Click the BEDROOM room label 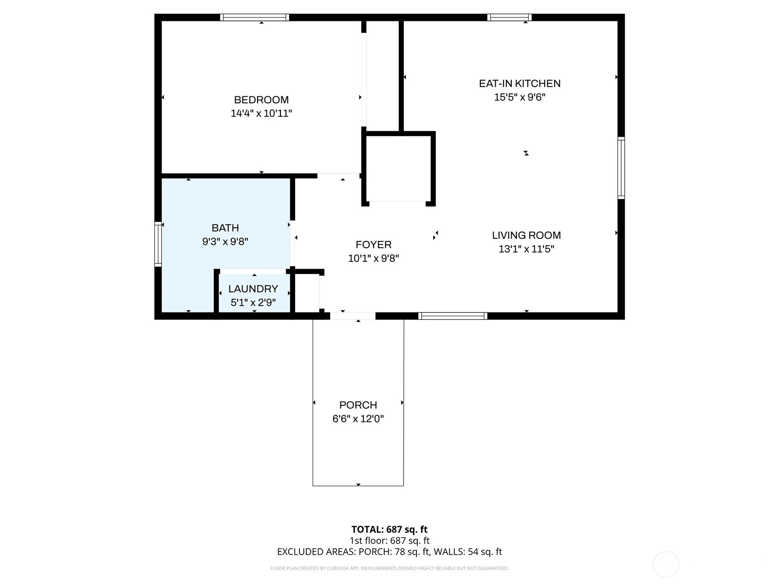(261, 100)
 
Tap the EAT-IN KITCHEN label (519, 83)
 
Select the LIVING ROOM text (526, 236)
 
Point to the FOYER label (373, 245)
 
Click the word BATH (225, 228)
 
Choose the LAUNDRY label (253, 289)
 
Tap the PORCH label (358, 405)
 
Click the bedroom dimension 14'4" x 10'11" (261, 113)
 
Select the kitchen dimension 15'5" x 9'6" (519, 97)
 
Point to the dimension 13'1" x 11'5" (526, 249)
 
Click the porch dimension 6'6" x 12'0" (358, 419)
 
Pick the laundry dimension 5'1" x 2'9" (253, 302)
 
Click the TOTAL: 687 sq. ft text (389, 529)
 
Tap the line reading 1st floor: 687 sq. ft (389, 541)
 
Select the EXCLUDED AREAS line (389, 552)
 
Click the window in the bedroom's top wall (254, 18)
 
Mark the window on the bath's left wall (158, 244)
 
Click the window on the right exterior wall (621, 168)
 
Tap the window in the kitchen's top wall (509, 18)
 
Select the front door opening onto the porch (352, 316)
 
